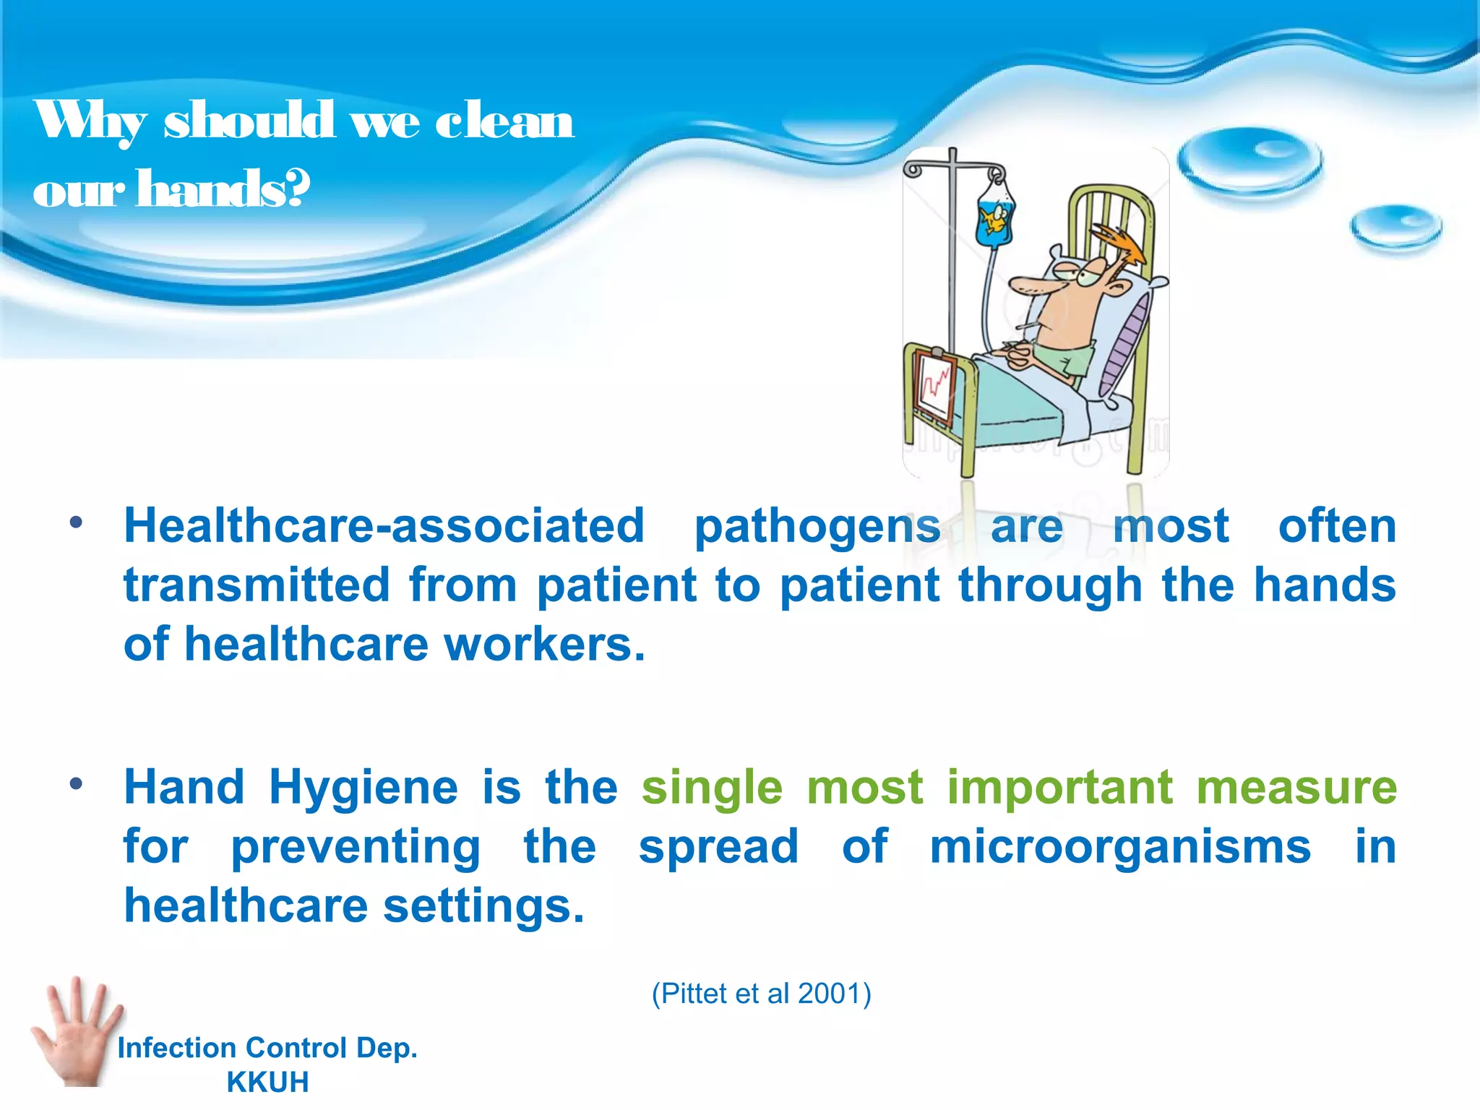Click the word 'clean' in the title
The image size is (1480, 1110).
tap(504, 121)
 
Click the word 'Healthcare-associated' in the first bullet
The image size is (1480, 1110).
tap(384, 525)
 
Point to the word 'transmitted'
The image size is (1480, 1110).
tap(257, 585)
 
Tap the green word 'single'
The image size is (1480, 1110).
tap(712, 788)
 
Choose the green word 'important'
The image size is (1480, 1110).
tap(1060, 788)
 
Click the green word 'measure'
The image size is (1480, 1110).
tap(1296, 788)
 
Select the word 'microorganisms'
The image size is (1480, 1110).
tap(1119, 847)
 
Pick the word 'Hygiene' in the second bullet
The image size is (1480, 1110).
tap(363, 788)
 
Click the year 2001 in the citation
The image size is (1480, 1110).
tap(830, 994)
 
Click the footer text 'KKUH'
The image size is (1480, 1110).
tap(267, 1082)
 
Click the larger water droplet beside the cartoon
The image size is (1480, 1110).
tap(1249, 163)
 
